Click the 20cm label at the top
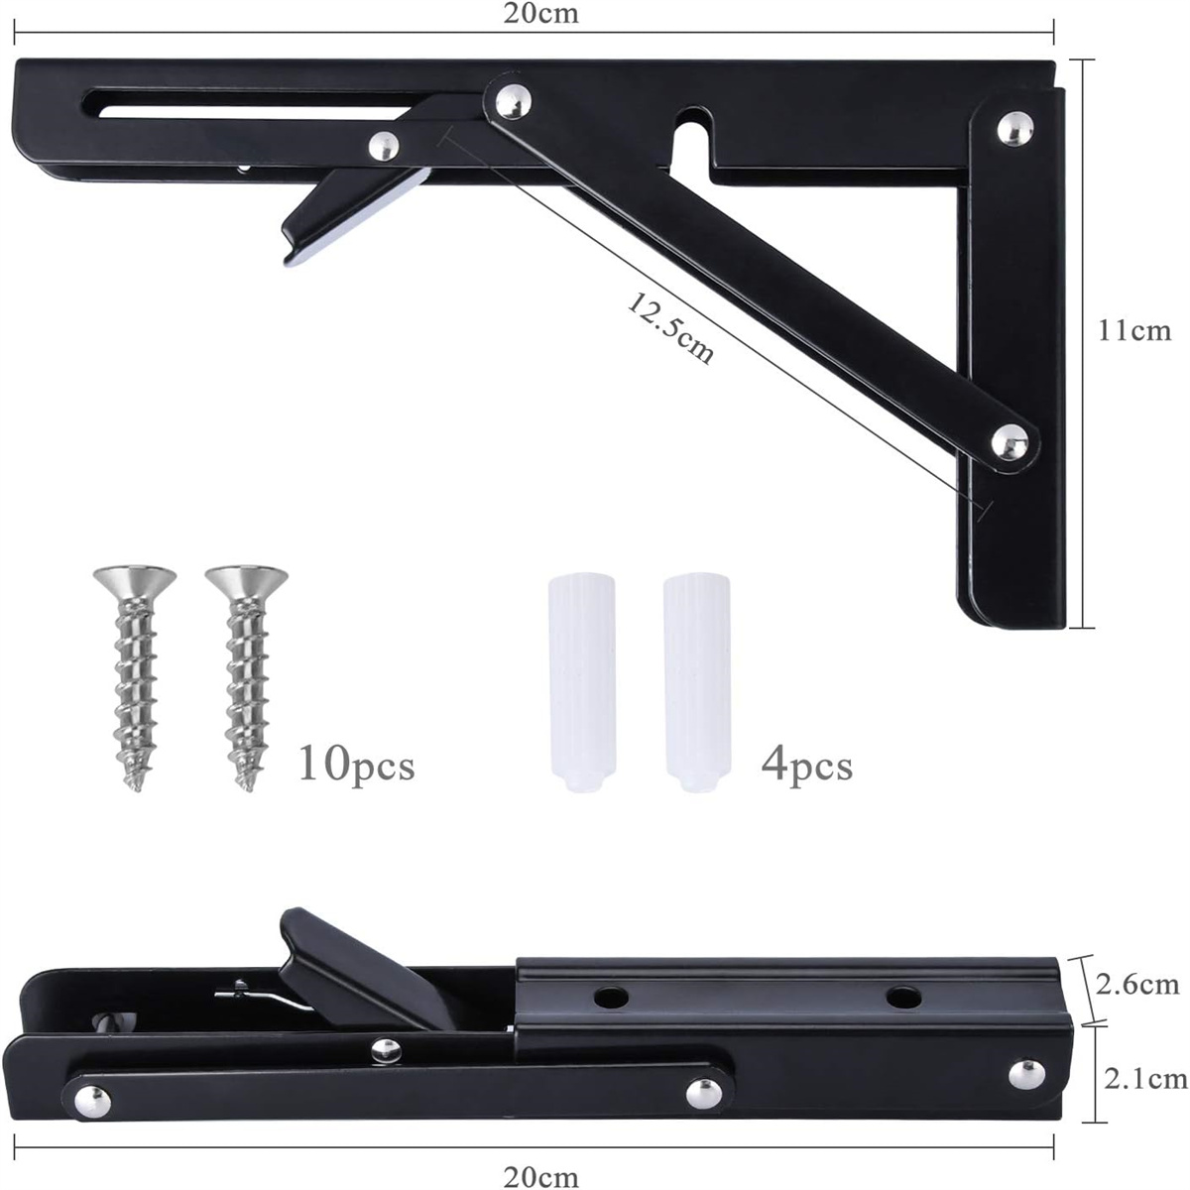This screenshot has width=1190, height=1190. pos(541,13)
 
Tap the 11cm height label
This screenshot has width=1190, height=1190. pos(1133,330)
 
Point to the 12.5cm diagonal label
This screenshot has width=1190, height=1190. pos(670,327)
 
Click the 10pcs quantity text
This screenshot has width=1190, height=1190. pos(356,766)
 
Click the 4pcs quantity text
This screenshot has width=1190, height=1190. pos(806,766)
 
